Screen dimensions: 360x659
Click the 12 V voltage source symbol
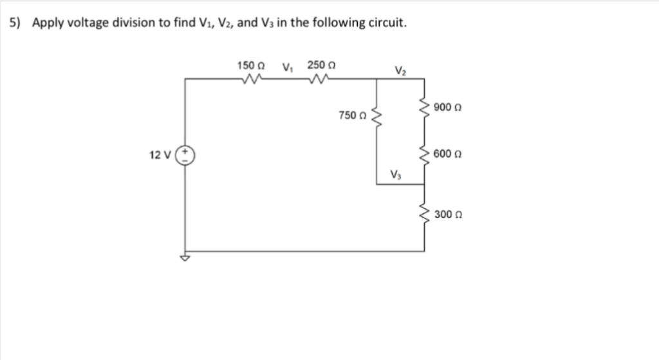[186, 155]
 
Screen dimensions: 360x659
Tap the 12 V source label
[158, 155]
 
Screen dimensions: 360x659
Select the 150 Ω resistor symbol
[251, 79]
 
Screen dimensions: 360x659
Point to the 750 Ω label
[352, 116]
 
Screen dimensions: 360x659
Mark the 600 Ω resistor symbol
[424, 155]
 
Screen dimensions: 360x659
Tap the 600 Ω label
[449, 154]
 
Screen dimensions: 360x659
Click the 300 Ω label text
[449, 214]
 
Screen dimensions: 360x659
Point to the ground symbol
[186, 258]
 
